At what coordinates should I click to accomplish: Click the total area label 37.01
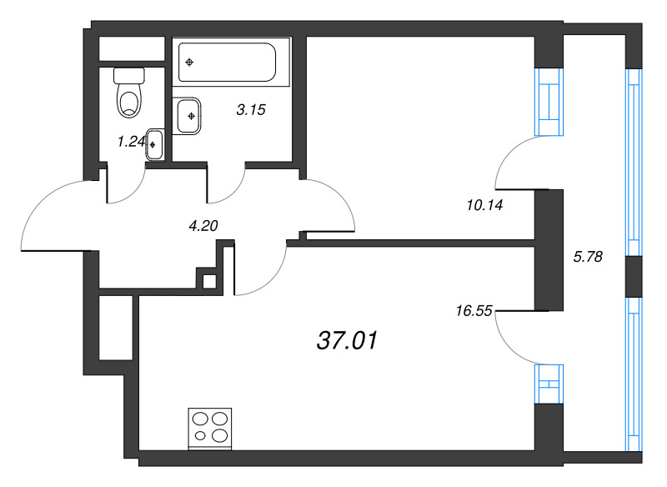pyautogui.click(x=348, y=340)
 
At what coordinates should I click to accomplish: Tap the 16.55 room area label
pyautogui.click(x=474, y=311)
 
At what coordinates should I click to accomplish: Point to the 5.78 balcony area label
pyautogui.click(x=589, y=257)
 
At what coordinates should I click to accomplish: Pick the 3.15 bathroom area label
pyautogui.click(x=250, y=109)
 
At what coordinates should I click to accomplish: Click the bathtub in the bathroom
pyautogui.click(x=227, y=62)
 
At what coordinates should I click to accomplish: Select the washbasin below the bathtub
pyautogui.click(x=189, y=116)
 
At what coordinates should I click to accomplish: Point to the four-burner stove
pyautogui.click(x=210, y=427)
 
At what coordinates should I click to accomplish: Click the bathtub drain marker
pyautogui.click(x=191, y=63)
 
